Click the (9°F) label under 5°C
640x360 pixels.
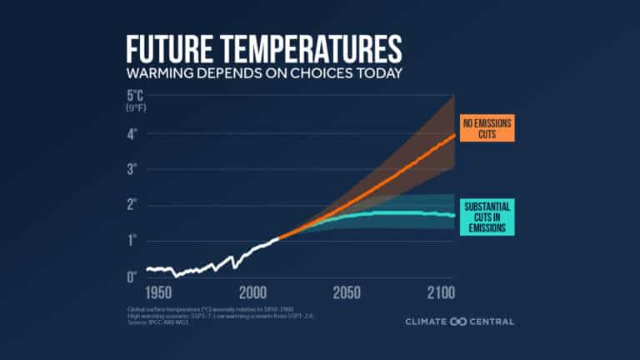pyautogui.click(x=136, y=108)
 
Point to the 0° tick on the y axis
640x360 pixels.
pyautogui.click(x=132, y=277)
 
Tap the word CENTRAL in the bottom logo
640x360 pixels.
pyautogui.click(x=492, y=322)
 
